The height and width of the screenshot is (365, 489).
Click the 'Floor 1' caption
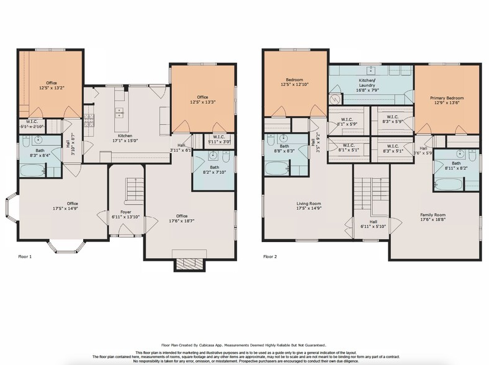point(25,256)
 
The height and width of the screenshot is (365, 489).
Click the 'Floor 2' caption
point(271,256)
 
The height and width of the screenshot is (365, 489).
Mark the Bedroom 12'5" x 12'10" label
point(294,83)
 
